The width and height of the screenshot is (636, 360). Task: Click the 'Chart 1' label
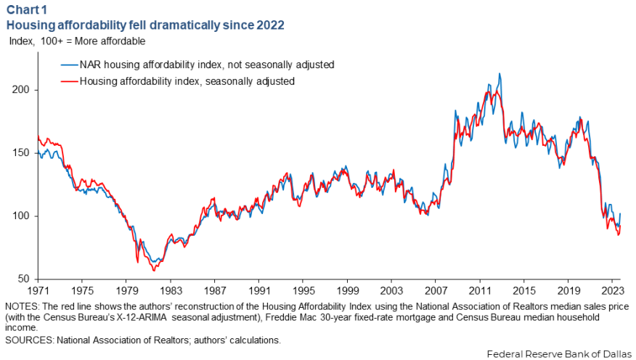pos(26,11)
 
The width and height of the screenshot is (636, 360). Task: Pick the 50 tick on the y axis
pos(23,279)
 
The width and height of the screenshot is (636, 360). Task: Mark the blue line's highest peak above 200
pos(499,74)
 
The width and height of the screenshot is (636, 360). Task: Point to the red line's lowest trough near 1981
pos(153,271)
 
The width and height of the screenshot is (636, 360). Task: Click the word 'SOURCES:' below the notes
pos(28,339)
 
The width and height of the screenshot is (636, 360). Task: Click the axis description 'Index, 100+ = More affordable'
pos(77,41)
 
